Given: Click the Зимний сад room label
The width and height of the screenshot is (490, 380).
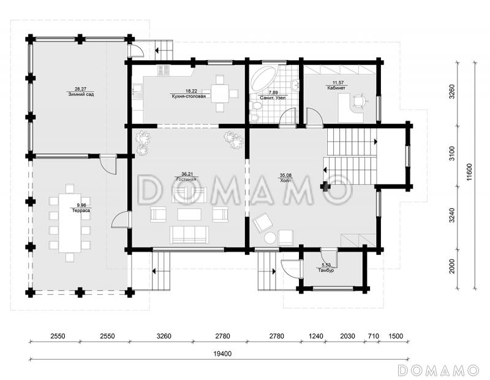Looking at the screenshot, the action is (81, 95).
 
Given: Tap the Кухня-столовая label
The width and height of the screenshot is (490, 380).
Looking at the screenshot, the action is (189, 96).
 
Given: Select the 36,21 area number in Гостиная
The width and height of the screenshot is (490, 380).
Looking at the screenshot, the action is (187, 174).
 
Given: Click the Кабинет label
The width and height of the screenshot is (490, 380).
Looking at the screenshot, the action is (336, 88).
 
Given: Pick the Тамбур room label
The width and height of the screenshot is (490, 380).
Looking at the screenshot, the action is (326, 270).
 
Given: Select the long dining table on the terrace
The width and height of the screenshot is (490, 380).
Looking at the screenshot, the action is (70, 223).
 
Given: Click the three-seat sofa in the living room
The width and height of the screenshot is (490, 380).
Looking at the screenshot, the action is (189, 235).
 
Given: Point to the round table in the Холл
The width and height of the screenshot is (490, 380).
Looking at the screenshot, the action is (270, 238).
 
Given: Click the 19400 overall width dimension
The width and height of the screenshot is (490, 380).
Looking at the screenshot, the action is (222, 354).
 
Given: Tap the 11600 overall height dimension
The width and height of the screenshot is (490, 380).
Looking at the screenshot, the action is (470, 175).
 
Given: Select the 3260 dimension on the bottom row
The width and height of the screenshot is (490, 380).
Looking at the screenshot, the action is (164, 336).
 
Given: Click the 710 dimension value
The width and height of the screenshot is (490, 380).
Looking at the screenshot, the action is (374, 336).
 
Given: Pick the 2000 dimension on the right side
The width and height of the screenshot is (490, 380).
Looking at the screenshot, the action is (452, 266).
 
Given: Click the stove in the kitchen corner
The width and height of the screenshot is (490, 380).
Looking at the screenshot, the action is (164, 71).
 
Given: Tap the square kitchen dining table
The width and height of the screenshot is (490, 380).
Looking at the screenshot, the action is (220, 93).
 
